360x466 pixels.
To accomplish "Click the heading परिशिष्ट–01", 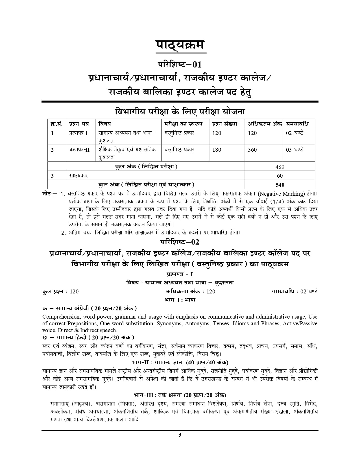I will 180,65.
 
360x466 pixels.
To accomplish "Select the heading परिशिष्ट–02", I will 180,242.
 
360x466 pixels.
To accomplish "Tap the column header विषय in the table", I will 105,124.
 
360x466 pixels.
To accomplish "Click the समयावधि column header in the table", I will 297,124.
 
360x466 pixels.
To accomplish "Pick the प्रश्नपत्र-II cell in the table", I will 79,150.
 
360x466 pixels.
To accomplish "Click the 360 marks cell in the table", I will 252,150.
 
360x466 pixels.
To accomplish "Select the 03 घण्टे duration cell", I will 294,150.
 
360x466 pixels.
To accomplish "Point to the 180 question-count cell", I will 217,150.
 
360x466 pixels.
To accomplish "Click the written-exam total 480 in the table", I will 280,167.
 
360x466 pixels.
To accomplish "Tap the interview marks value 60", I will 280,176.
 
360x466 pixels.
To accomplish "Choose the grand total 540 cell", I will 280,185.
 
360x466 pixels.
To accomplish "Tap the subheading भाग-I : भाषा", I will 180,300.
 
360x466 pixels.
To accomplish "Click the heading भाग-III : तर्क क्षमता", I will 180,395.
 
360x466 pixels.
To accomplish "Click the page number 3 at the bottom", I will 180,443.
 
